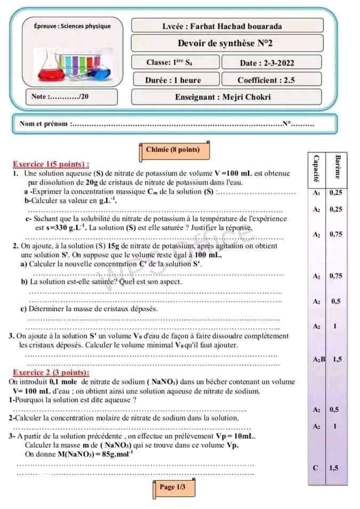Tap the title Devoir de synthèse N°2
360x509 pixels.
coord(228,44)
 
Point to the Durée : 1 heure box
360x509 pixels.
coord(173,80)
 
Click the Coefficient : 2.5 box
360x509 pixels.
coord(266,80)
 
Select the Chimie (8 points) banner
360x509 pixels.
coord(173,150)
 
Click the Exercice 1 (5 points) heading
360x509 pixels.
coord(51,165)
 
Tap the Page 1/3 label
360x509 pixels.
coord(172,487)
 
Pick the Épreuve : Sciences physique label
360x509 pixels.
coord(72,26)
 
